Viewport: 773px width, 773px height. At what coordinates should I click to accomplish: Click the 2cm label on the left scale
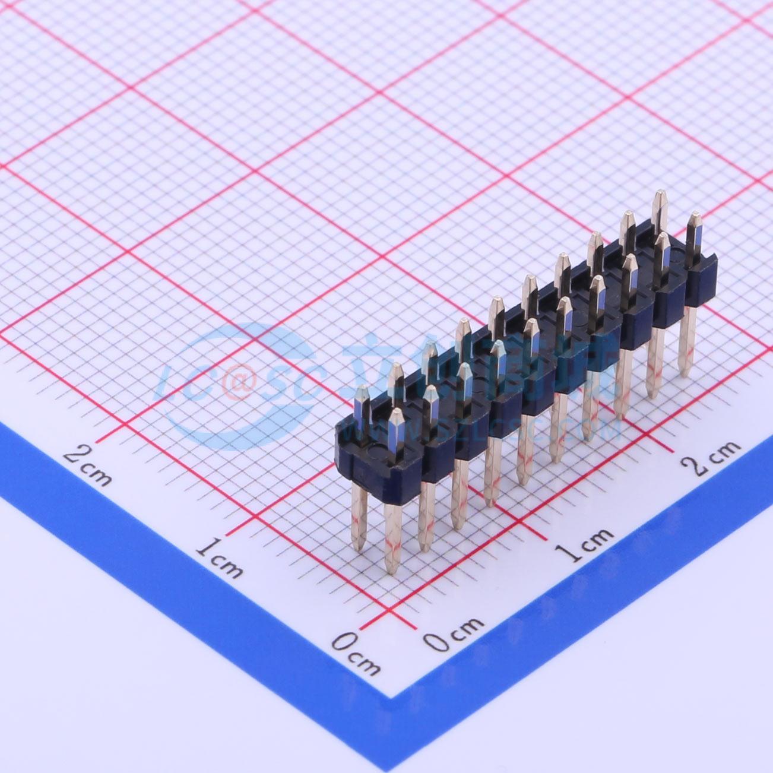point(88,463)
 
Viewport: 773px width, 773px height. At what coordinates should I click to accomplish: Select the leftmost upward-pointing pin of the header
point(362,404)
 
